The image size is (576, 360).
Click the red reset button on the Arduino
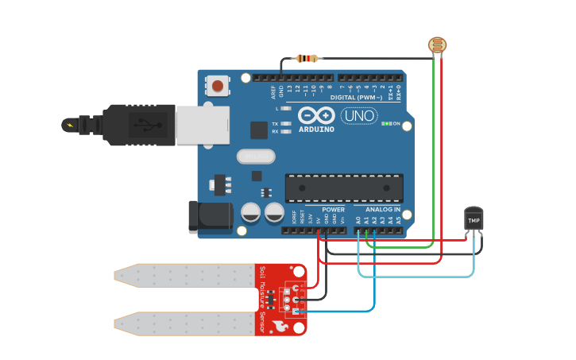coord(217,85)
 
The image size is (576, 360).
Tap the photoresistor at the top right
coord(437,45)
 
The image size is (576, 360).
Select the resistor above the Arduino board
coord(307,58)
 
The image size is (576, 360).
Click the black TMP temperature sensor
coord(474,219)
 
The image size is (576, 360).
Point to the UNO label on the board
coord(358,116)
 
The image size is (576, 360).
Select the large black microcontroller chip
coord(344,188)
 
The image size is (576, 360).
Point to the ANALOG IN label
coord(383,210)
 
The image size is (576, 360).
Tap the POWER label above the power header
coord(334,210)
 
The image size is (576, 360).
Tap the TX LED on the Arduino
coord(284,124)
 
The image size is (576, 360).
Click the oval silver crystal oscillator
coord(256,157)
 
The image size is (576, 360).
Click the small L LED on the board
coord(285,108)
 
